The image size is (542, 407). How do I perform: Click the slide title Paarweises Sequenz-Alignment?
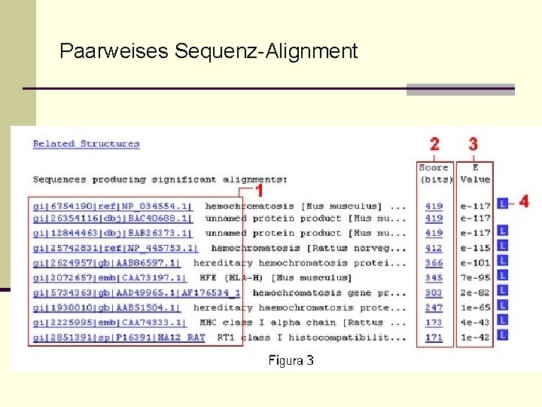(x=209, y=51)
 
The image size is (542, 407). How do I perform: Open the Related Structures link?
(x=86, y=144)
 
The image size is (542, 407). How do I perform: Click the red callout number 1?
(x=257, y=190)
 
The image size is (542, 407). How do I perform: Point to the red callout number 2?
(x=434, y=144)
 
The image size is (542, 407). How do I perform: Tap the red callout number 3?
(x=473, y=144)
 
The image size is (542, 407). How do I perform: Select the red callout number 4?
(x=524, y=201)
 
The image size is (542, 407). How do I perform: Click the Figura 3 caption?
(x=291, y=360)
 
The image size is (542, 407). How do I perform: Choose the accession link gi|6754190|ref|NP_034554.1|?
(x=112, y=206)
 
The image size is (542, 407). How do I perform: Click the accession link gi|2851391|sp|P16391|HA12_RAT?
(x=118, y=338)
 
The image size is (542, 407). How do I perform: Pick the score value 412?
(x=434, y=248)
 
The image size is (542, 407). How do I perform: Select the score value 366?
(x=434, y=263)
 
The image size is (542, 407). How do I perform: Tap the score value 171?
(x=434, y=338)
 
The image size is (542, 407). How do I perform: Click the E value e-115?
(x=475, y=248)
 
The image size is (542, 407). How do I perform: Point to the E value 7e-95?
(x=475, y=278)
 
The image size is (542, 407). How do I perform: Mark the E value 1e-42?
(x=475, y=338)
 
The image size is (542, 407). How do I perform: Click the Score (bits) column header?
(x=434, y=173)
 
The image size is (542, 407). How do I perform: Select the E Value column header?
(x=475, y=173)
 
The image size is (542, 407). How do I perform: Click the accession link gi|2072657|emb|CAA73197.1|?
(x=108, y=278)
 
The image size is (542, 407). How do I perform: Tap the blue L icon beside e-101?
(x=503, y=262)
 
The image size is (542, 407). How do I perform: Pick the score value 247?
(x=434, y=308)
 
